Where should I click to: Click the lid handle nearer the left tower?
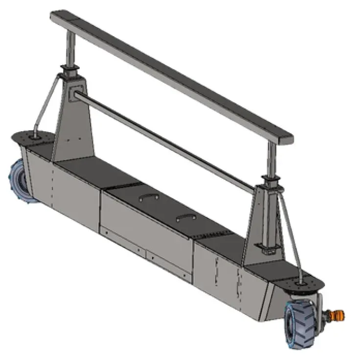148,196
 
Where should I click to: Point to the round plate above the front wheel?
302,284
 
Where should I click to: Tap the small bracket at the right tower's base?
268,252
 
